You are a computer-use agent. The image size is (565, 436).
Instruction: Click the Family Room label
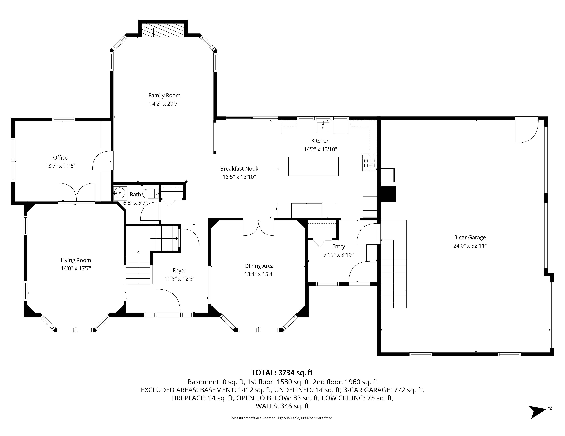pos(164,95)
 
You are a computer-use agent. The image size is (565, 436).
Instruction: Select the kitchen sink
pos(323,127)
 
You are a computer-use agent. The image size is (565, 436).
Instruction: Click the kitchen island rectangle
pos(313,166)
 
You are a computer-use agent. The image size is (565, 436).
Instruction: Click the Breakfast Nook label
pos(239,169)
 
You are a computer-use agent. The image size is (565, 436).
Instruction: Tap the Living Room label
pos(76,260)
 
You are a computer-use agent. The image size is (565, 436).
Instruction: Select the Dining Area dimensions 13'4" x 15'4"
pos(259,274)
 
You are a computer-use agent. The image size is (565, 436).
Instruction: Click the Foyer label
pos(179,270)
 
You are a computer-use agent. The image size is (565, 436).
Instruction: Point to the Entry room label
pos(338,246)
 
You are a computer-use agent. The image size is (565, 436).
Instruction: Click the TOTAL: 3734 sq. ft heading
pos(282,373)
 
